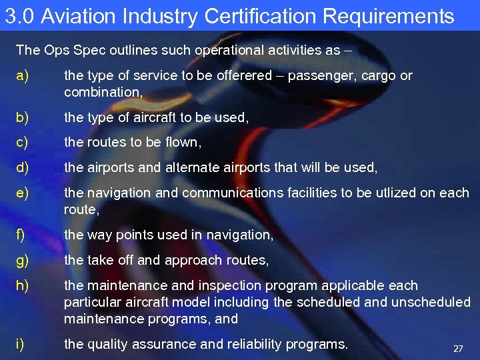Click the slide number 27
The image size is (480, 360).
click(x=458, y=349)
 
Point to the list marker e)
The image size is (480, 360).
click(x=23, y=193)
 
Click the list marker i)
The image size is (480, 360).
click(x=21, y=344)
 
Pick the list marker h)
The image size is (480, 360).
click(x=23, y=286)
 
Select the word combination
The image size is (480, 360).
click(x=102, y=92)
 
